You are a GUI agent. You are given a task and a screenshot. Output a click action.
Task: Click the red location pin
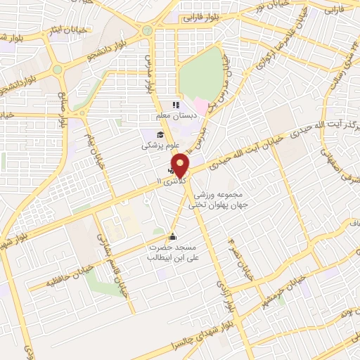pyautogui.click(x=181, y=165)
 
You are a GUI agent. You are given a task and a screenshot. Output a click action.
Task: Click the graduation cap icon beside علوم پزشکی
pyautogui.click(x=160, y=134)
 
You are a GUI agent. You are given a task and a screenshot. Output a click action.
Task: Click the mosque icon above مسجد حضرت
pyautogui.click(x=173, y=236)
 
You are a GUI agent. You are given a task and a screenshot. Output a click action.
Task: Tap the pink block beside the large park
pyautogui.click(x=202, y=108)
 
